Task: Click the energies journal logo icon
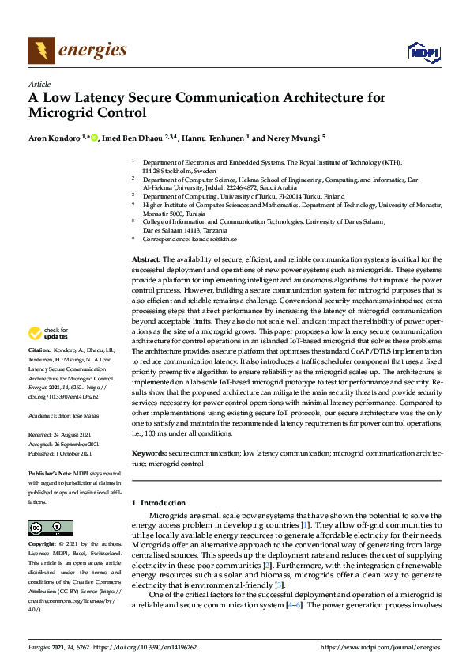click(x=42, y=51)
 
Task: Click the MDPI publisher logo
click(x=424, y=52)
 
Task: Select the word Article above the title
click(x=39, y=84)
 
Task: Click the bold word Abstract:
click(x=145, y=259)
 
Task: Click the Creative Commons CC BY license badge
click(x=51, y=528)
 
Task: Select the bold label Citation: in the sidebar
click(x=39, y=349)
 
